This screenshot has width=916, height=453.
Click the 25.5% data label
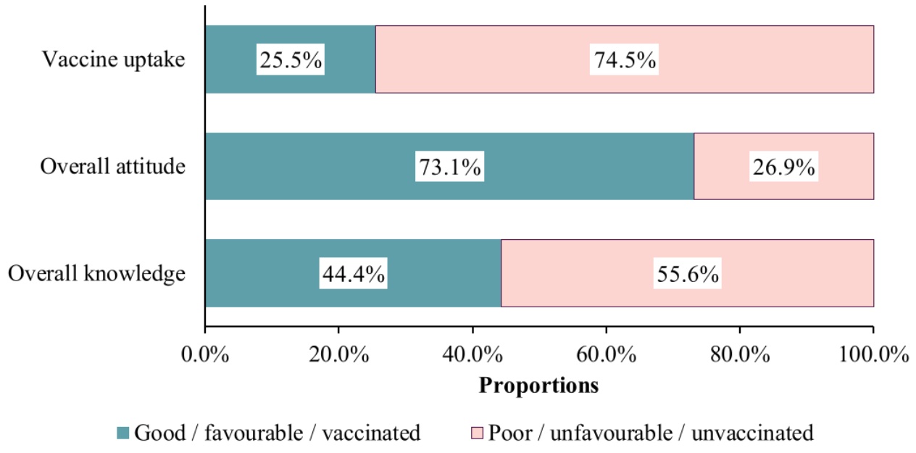(291, 59)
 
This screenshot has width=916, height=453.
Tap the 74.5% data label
(624, 59)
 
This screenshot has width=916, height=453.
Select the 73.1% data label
(450, 167)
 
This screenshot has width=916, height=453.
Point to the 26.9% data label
(783, 167)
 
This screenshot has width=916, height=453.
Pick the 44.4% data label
(354, 273)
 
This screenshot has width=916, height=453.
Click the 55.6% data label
(688, 273)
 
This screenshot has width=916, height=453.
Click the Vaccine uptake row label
(113, 59)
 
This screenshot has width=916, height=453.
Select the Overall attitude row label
(113, 167)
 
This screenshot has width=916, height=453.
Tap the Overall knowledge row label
(96, 273)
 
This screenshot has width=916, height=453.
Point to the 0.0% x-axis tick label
(205, 354)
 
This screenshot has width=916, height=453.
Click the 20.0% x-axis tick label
(338, 354)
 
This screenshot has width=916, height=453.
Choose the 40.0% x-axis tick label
(472, 354)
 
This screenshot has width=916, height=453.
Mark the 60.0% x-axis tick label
(606, 354)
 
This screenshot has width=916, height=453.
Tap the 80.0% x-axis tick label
(740, 354)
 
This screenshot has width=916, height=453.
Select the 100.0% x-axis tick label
(873, 354)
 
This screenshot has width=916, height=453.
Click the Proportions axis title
(538, 386)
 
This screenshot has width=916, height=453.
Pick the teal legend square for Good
(122, 433)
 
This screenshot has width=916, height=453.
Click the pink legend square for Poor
(477, 433)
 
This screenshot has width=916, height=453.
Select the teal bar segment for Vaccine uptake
(291, 59)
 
